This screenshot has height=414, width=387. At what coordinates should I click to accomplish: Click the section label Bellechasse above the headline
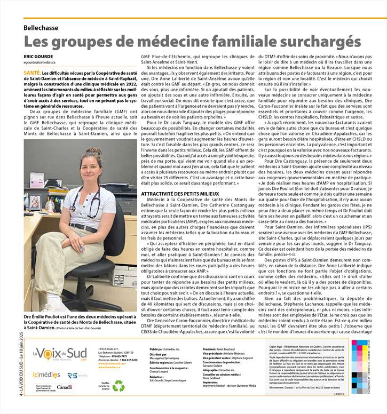click(x=45, y=27)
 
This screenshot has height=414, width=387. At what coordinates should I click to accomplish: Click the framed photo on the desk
click(x=35, y=202)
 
